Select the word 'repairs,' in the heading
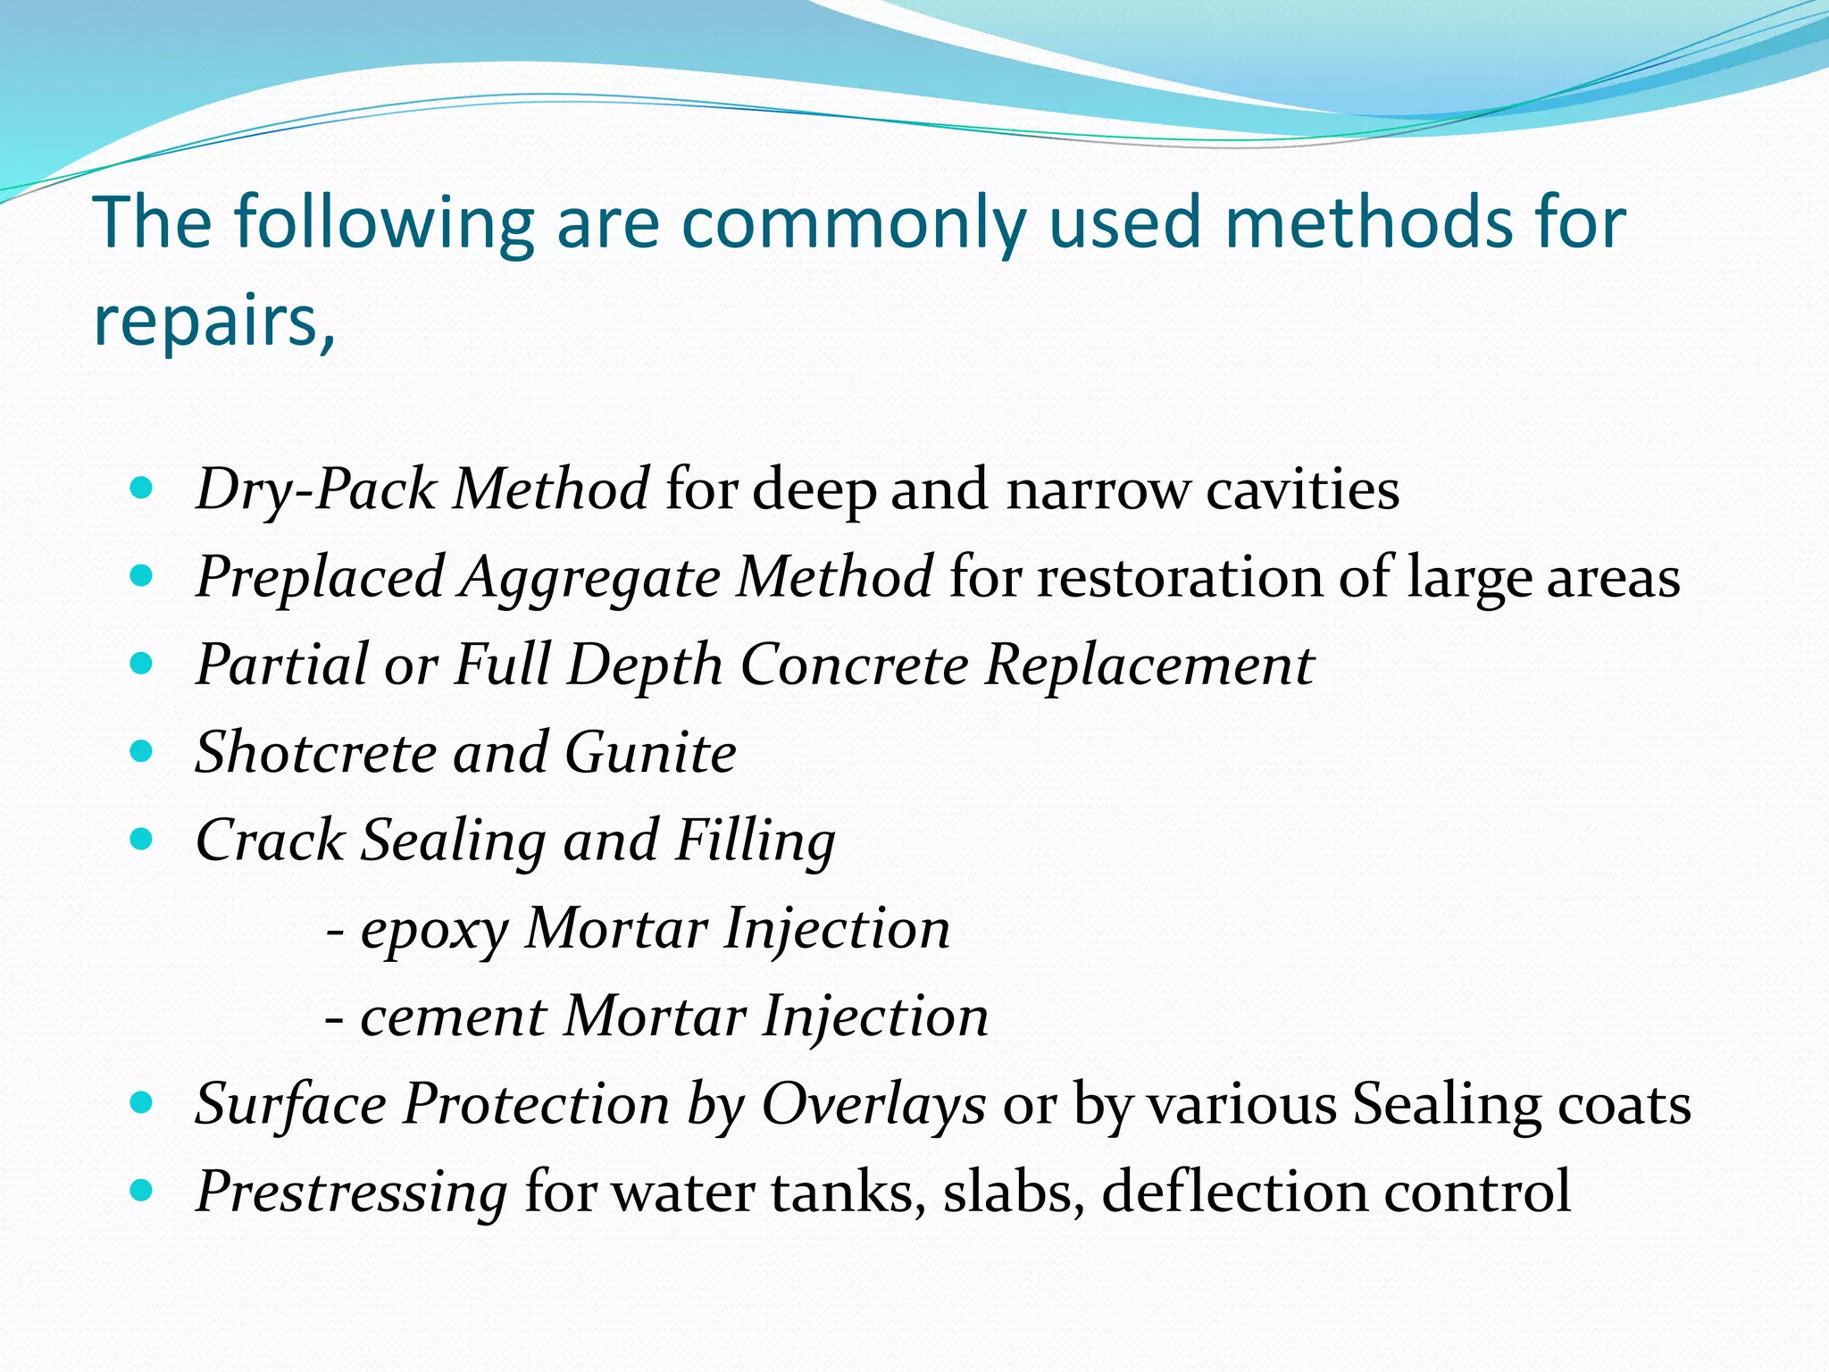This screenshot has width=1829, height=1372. tap(214, 320)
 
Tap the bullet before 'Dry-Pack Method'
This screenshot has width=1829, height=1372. tap(141, 489)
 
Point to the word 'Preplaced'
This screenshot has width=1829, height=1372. tap(320, 577)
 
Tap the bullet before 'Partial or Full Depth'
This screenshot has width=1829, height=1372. tap(141, 664)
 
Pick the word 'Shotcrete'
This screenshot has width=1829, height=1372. tap(315, 752)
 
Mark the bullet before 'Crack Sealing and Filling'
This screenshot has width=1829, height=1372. tap(141, 839)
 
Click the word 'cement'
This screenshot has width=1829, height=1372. tap(453, 1016)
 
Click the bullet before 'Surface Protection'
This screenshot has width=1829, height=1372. tap(141, 1103)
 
